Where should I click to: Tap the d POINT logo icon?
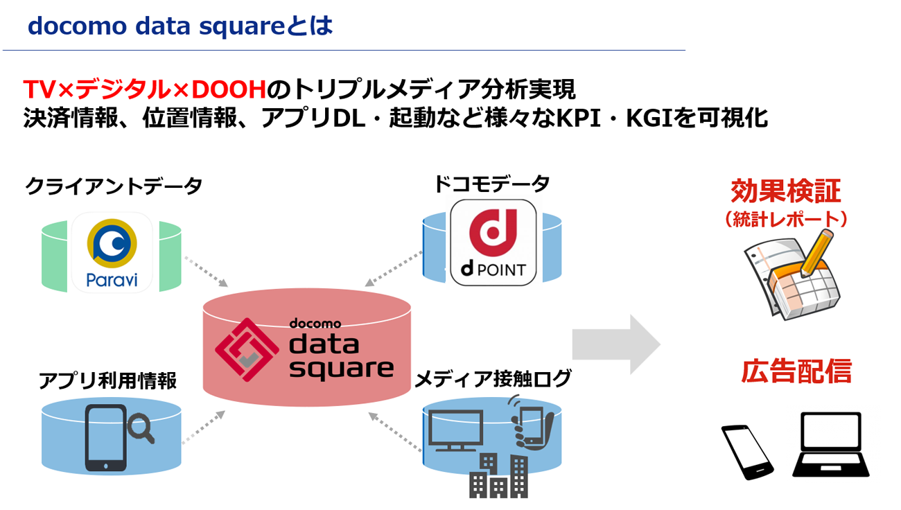point(493,242)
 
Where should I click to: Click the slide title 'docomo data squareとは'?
point(180,26)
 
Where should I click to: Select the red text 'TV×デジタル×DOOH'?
point(145,90)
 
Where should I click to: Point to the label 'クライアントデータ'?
point(114,186)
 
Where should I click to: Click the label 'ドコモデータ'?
point(491,184)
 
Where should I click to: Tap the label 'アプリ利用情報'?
point(107,380)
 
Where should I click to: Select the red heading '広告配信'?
point(796,372)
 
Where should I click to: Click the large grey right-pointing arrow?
point(615,344)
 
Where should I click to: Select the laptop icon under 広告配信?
point(830,443)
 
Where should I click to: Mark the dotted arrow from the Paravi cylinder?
point(206,270)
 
